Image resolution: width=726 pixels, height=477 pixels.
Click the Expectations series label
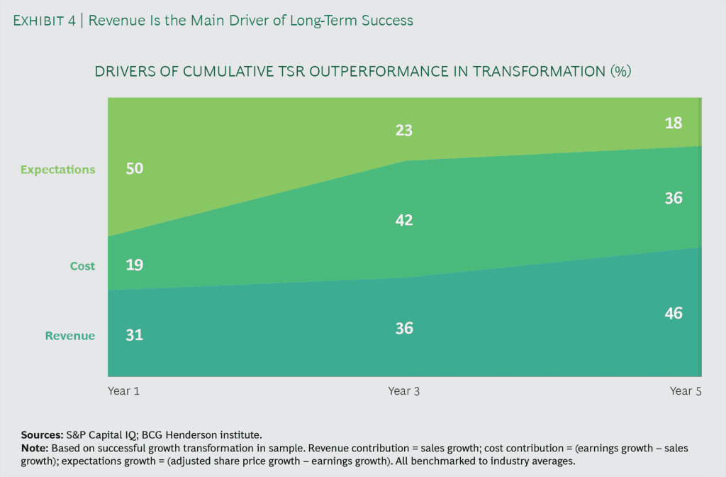pyautogui.click(x=57, y=170)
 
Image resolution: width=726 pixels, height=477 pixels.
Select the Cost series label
pyautogui.click(x=82, y=266)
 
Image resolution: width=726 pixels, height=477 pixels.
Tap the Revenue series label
pyautogui.click(x=70, y=336)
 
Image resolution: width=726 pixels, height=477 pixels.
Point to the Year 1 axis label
pyautogui.click(x=123, y=391)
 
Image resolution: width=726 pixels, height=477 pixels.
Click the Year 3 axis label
pyautogui.click(x=404, y=391)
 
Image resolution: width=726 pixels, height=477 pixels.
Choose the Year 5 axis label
pyautogui.click(x=686, y=391)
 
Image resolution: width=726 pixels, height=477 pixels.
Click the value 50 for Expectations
pyautogui.click(x=134, y=169)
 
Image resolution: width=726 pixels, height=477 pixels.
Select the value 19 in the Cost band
pyautogui.click(x=134, y=265)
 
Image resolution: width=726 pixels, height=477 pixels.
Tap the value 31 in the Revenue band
pyautogui.click(x=134, y=335)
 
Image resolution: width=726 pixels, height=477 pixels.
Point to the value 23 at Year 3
pyautogui.click(x=404, y=131)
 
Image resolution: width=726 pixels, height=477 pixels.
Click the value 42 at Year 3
pyautogui.click(x=404, y=220)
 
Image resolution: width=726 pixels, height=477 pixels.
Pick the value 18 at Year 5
pyautogui.click(x=674, y=123)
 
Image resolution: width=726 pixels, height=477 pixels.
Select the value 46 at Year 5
pyautogui.click(x=674, y=313)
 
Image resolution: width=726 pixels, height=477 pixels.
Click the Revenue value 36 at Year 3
pyautogui.click(x=404, y=329)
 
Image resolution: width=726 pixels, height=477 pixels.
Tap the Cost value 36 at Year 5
pyautogui.click(x=674, y=198)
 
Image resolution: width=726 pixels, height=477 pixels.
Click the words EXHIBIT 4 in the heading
pyautogui.click(x=46, y=21)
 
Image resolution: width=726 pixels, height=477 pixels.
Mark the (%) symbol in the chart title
pyautogui.click(x=620, y=72)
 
